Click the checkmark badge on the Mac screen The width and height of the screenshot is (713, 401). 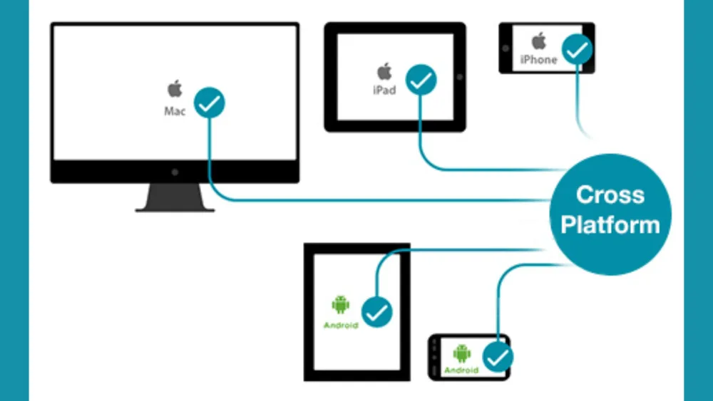pyautogui.click(x=209, y=103)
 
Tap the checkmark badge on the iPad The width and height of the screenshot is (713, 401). pyautogui.click(x=421, y=80)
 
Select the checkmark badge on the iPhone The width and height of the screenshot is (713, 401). pyautogui.click(x=578, y=49)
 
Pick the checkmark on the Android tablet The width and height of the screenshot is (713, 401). pyautogui.click(x=377, y=312)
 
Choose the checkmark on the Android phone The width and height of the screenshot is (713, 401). pyautogui.click(x=498, y=358)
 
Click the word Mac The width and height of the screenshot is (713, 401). pyautogui.click(x=175, y=111)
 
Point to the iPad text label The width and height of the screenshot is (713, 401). pyautogui.click(x=384, y=90)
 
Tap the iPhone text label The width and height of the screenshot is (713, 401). pyautogui.click(x=539, y=60)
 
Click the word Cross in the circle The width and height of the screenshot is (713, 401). pyautogui.click(x=610, y=195)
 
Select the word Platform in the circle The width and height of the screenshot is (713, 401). pyautogui.click(x=610, y=225)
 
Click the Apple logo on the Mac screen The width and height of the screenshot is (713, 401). pyautogui.click(x=175, y=88)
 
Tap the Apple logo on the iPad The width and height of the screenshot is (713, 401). pyautogui.click(x=384, y=72)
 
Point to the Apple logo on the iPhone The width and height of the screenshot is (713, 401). pyautogui.click(x=539, y=41)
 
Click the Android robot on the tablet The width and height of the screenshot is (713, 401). pyautogui.click(x=341, y=305)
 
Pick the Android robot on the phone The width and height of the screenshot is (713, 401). pyautogui.click(x=461, y=353)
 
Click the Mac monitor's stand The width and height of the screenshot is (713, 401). pyautogui.click(x=175, y=197)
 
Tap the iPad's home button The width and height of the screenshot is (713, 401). pyautogui.click(x=460, y=77)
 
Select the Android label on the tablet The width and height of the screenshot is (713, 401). pyautogui.click(x=341, y=326)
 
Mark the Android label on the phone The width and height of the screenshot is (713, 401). pyautogui.click(x=461, y=370)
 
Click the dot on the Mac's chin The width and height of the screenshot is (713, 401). pyautogui.click(x=175, y=172)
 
